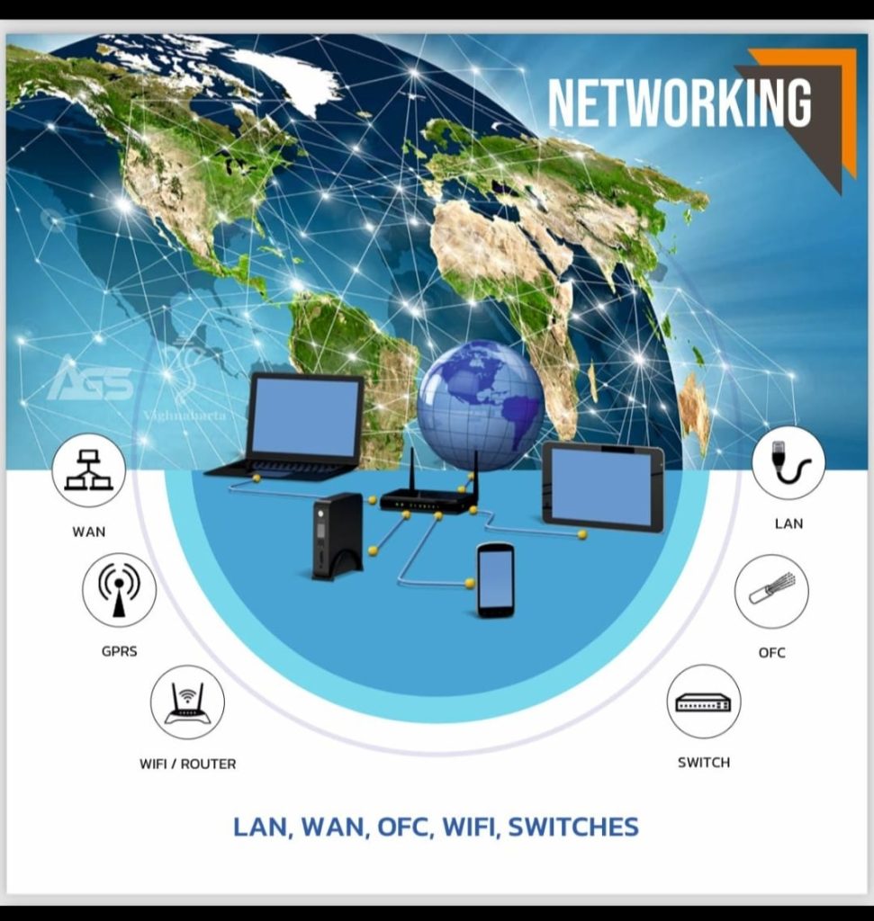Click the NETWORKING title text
point(680,103)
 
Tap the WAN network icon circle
point(88,470)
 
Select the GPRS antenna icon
point(119,589)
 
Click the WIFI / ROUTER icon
point(187,702)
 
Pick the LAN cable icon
point(788,462)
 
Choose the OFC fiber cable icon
point(771,591)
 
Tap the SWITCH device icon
point(704,702)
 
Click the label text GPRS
point(119,650)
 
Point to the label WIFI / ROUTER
point(187,764)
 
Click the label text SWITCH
point(704,763)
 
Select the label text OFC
point(771,652)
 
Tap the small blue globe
point(481,404)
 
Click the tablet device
point(603,487)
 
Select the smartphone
point(495,580)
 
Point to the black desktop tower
point(337,536)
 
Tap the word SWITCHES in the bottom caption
point(573,827)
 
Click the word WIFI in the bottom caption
point(469,827)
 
